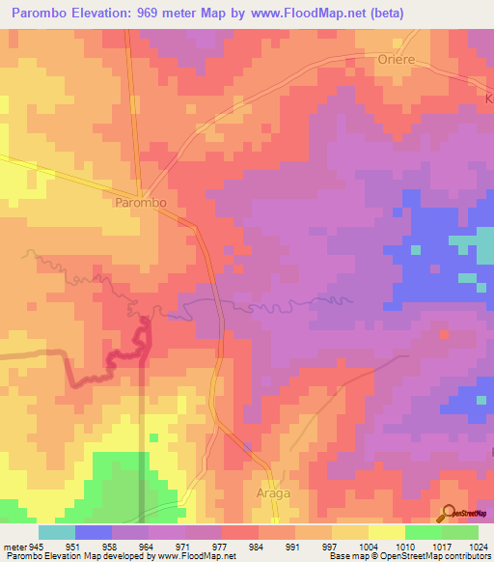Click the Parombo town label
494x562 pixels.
click(141, 204)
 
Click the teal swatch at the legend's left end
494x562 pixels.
click(56, 532)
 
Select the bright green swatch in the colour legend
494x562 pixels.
click(423, 532)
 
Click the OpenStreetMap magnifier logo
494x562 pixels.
click(450, 514)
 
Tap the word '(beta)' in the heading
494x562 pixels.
click(381, 13)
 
